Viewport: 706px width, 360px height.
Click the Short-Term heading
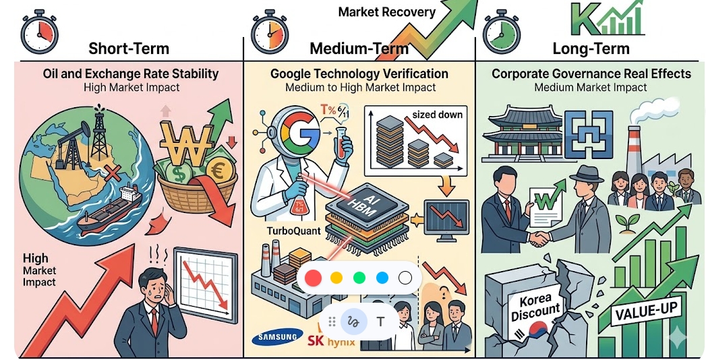[x=129, y=48]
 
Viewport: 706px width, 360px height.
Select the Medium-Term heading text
[x=359, y=48]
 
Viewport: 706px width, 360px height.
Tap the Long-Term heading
[x=591, y=48]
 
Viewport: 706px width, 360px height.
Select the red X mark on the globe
[x=113, y=173]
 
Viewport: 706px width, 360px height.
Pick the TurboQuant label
[x=293, y=231]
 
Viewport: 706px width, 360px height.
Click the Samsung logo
[x=277, y=337]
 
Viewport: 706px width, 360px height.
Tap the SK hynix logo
[x=331, y=340]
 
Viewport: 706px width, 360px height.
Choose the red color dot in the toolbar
[x=313, y=278]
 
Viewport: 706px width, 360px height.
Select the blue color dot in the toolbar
[x=382, y=278]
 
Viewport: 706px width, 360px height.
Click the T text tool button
[x=380, y=322]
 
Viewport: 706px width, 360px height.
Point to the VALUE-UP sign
[x=646, y=310]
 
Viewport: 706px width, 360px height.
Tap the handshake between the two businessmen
[x=539, y=239]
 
